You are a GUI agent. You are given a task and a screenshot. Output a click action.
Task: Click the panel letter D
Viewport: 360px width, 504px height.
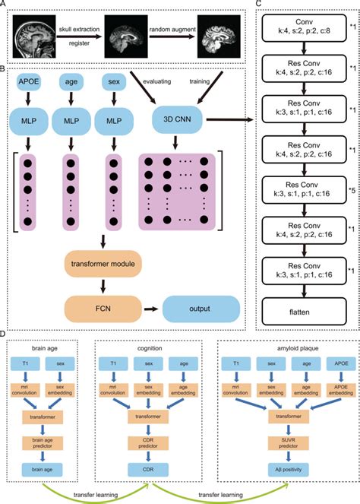tap(6, 335)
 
